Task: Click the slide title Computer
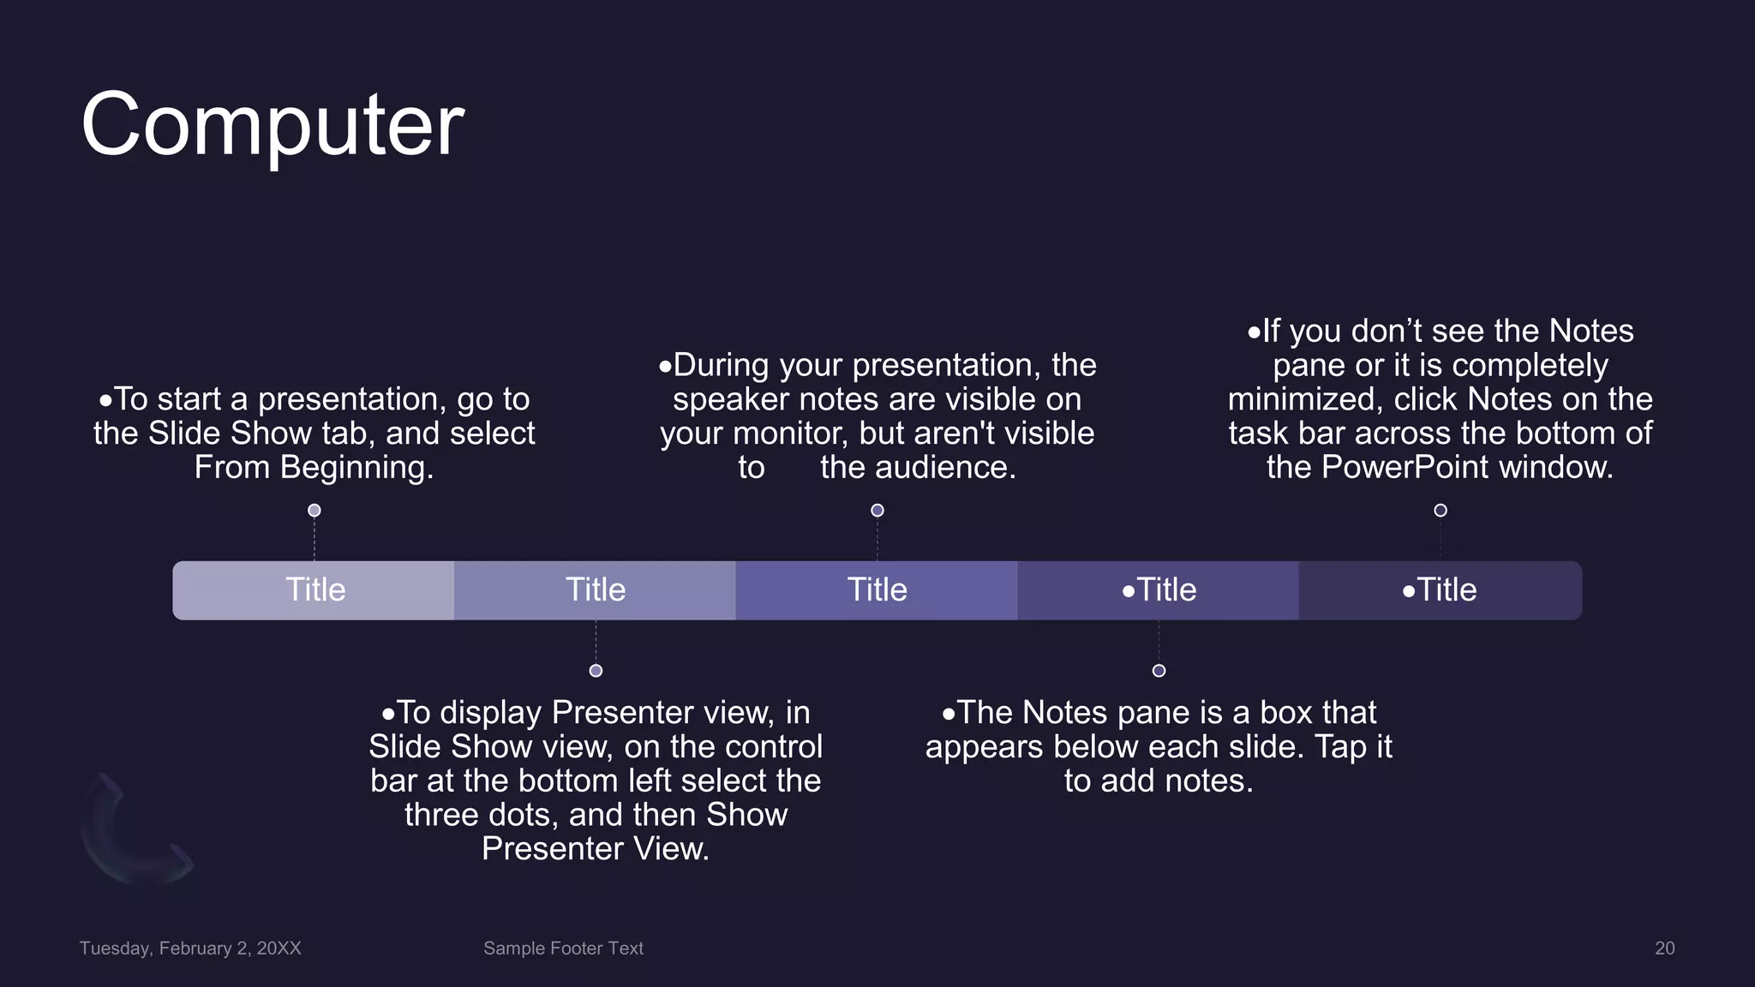[273, 125]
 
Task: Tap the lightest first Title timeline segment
[314, 590]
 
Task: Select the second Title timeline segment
[595, 590]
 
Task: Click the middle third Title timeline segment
[877, 590]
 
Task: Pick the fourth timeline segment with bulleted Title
[1158, 590]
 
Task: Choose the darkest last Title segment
[1440, 590]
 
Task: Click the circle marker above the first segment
[314, 511]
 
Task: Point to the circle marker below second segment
[596, 671]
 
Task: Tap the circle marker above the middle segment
[877, 511]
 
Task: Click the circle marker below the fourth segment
[1159, 671]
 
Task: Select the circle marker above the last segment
[1441, 511]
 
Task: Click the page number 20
[1664, 948]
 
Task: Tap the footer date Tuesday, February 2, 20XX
[190, 948]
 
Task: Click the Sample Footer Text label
[563, 948]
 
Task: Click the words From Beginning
[314, 468]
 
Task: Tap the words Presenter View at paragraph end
[595, 849]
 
